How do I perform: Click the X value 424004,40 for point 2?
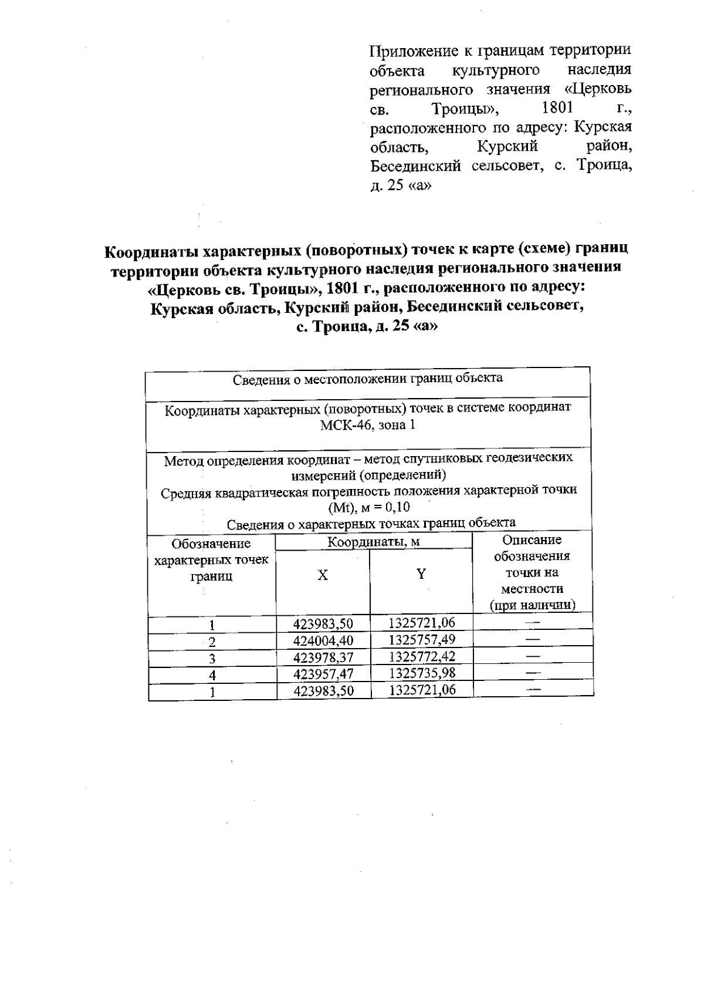coord(323,640)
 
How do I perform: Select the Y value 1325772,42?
coord(422,656)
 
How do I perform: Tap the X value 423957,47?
coord(323,673)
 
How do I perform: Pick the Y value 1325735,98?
coord(422,673)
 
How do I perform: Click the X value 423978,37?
coord(323,657)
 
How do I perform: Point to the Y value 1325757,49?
coord(422,639)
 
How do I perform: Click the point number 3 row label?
coord(212,659)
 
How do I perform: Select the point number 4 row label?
coord(212,675)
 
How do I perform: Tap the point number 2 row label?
coord(212,642)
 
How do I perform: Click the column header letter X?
coord(323,575)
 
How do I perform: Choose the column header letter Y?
coord(421,574)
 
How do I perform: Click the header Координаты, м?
coord(374,542)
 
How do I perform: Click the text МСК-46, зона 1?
coord(368,425)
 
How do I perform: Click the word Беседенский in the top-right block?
coord(415,166)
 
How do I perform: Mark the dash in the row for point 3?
coord(533,655)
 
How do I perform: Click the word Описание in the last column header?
coord(532,539)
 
